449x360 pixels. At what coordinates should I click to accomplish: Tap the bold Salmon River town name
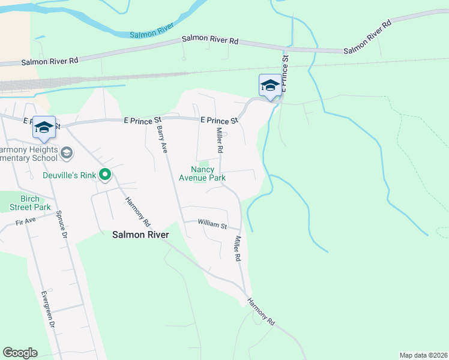[x=140, y=235]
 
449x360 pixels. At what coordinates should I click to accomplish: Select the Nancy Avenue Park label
[x=202, y=173]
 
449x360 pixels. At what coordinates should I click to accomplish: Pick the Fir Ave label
[x=26, y=221]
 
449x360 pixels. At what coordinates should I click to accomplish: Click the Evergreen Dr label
[x=47, y=309]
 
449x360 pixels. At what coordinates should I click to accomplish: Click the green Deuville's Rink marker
[x=106, y=175]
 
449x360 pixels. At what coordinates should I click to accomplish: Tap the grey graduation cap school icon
[x=67, y=154]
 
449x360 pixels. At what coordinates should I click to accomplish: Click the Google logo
[x=20, y=353]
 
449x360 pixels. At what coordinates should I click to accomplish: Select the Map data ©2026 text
[x=423, y=355]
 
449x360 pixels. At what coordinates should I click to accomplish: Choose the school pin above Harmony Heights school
[x=44, y=127]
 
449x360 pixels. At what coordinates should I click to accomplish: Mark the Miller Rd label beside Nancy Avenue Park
[x=220, y=140]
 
